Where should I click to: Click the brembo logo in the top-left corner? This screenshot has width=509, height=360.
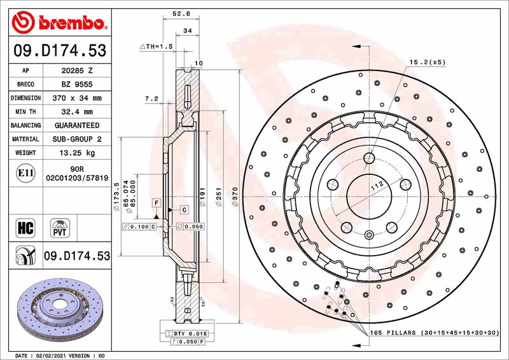pos(59,23)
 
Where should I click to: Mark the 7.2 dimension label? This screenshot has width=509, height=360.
pos(151,99)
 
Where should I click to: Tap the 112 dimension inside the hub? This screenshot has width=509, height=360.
pos(377,184)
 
